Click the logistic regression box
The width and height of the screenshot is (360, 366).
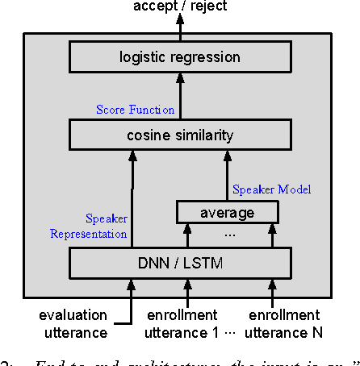(179, 56)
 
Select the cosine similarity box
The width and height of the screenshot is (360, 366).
(179, 134)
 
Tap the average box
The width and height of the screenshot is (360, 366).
(227, 212)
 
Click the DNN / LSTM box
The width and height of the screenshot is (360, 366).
(179, 263)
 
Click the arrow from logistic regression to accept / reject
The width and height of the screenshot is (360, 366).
(180, 29)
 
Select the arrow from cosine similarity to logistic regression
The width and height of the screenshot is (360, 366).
(180, 95)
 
